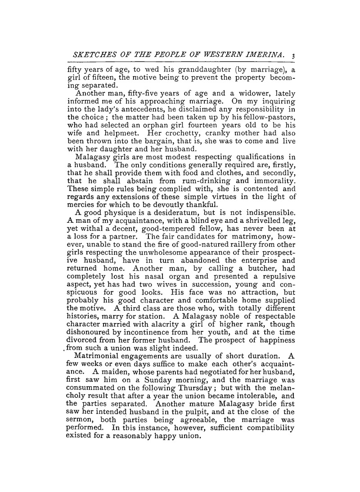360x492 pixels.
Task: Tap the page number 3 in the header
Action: click(293, 55)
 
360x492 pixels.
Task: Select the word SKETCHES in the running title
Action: click(91, 55)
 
